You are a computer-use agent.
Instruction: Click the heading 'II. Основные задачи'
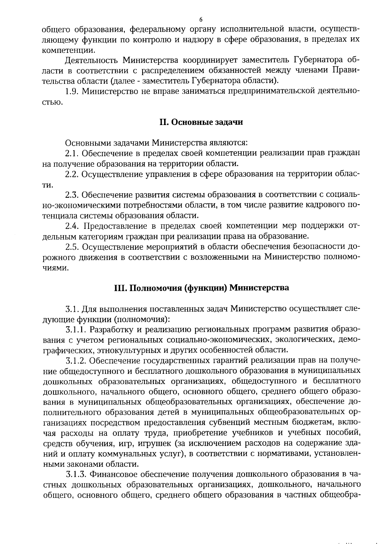coord(201,122)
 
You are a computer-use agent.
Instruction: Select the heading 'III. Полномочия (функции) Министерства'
coord(201,288)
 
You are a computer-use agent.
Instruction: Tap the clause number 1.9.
coord(72,91)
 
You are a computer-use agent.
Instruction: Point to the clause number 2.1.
coord(72,153)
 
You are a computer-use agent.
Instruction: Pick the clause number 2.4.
coord(73,226)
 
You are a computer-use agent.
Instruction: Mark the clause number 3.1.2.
coord(76,360)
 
